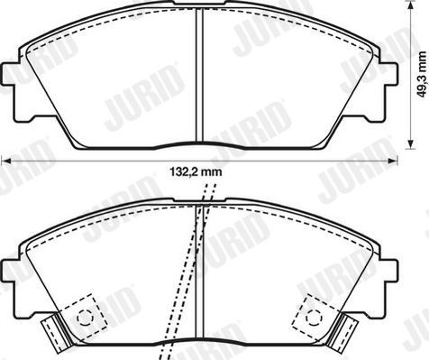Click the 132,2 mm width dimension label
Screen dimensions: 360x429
(x=196, y=171)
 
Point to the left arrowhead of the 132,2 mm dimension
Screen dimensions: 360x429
(x=5, y=160)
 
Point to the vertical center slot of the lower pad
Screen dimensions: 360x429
(x=199, y=271)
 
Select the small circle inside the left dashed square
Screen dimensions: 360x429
(x=86, y=317)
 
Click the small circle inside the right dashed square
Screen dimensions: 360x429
(x=315, y=317)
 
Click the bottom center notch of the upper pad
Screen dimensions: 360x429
(x=199, y=145)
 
